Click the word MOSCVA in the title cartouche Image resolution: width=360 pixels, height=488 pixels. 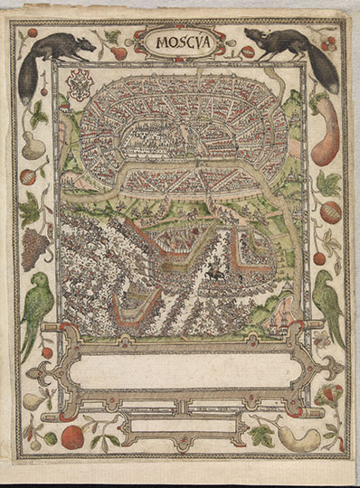tap(177, 42)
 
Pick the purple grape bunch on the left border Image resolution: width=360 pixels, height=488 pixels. tap(34, 246)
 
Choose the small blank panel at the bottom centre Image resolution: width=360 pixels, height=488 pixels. tap(178, 425)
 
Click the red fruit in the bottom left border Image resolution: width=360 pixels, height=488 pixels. tap(73, 436)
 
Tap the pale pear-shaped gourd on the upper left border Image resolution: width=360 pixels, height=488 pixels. tap(33, 145)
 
